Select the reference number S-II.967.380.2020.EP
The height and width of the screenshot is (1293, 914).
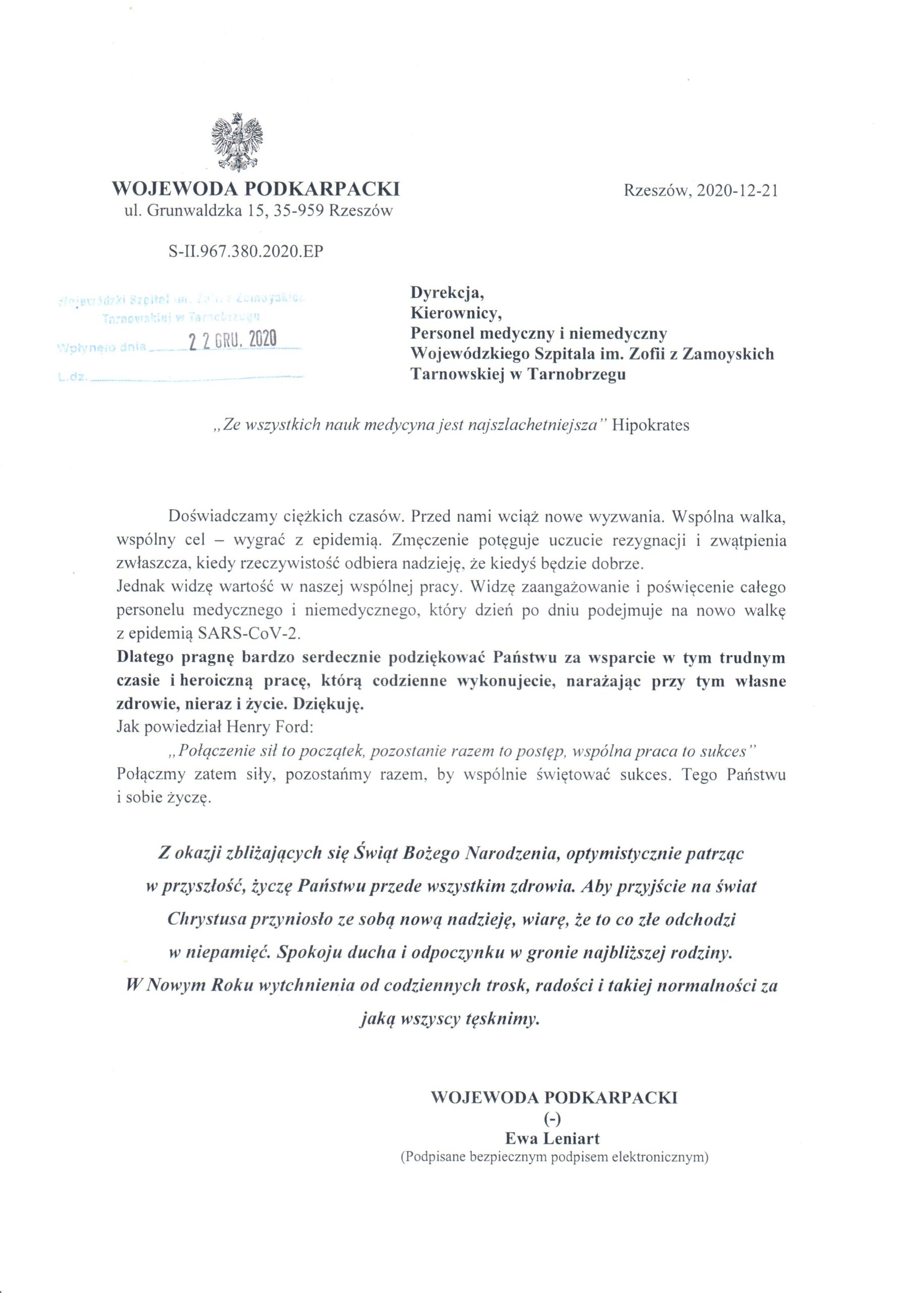pos(246,251)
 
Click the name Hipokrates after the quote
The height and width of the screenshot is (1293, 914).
pos(650,425)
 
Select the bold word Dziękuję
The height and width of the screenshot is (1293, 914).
pos(333,705)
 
